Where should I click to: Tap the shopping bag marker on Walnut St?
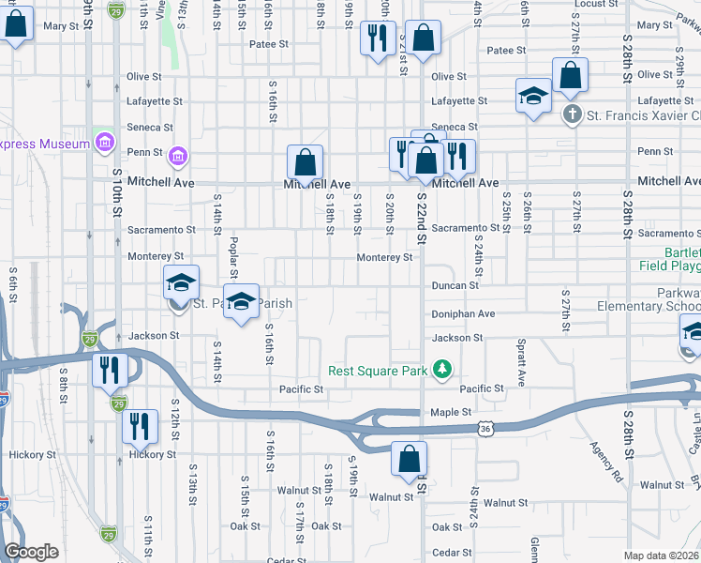click(x=409, y=460)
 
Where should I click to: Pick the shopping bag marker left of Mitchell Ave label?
click(x=305, y=162)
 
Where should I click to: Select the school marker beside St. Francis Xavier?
click(x=533, y=96)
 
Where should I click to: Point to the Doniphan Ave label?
click(x=463, y=314)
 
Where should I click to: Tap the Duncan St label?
click(x=455, y=285)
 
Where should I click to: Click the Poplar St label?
click(x=231, y=257)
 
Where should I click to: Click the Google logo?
click(x=31, y=553)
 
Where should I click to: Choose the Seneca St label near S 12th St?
click(x=151, y=128)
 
